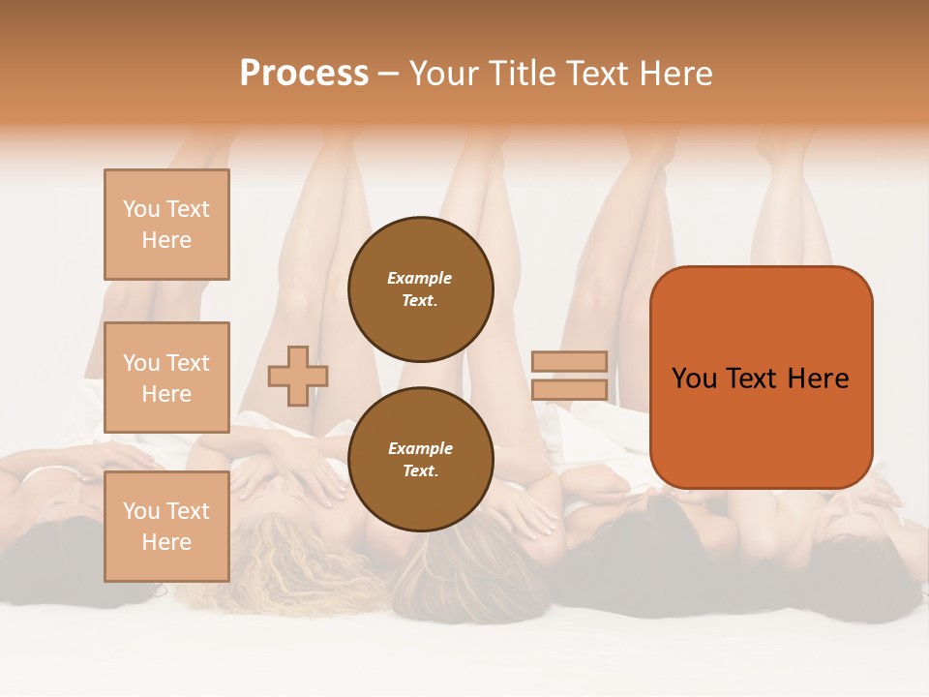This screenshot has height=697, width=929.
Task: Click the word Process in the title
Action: (304, 74)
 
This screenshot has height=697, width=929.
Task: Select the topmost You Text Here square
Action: (166, 225)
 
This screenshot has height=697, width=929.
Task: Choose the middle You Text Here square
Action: (166, 378)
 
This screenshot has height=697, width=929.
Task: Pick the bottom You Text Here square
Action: (166, 527)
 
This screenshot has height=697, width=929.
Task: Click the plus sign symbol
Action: (298, 376)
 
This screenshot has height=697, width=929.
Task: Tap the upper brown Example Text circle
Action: (421, 289)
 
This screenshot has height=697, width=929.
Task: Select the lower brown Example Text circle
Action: (421, 460)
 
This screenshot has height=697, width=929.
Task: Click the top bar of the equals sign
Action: (569, 361)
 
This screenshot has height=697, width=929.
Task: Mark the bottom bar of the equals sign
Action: (569, 389)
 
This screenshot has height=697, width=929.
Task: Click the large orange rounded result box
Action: (761, 378)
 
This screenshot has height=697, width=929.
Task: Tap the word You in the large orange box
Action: (695, 379)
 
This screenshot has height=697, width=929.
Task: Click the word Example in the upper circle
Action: (420, 278)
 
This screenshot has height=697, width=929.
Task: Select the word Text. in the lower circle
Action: (420, 470)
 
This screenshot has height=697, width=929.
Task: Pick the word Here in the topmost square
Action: (166, 240)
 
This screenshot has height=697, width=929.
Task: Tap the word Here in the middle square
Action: (166, 394)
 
